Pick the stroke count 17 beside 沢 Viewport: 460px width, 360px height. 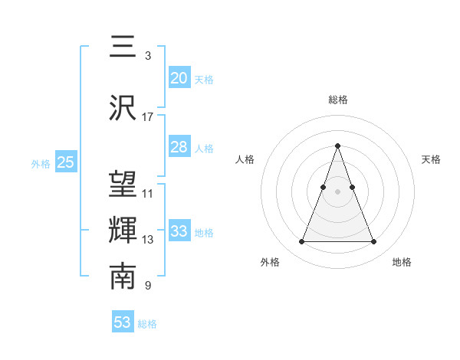coord(148,117)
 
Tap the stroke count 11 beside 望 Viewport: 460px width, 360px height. coord(148,194)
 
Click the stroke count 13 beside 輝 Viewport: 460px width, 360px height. coord(148,240)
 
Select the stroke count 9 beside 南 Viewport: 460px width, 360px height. coord(148,286)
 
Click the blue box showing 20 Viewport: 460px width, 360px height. coord(179,78)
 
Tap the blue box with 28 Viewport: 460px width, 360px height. coord(179,147)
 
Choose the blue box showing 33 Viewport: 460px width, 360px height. coord(179,231)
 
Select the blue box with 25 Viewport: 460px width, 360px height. coord(66,162)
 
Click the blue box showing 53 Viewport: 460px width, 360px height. coord(123,322)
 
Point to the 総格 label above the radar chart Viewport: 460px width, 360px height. coord(338,100)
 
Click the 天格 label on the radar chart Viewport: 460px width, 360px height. coord(432,159)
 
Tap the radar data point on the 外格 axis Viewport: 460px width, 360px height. coord(302,242)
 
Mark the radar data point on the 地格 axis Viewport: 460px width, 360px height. coord(374,242)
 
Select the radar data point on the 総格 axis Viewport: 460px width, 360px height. coord(338,146)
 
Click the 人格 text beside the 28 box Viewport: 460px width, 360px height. coord(204,148)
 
